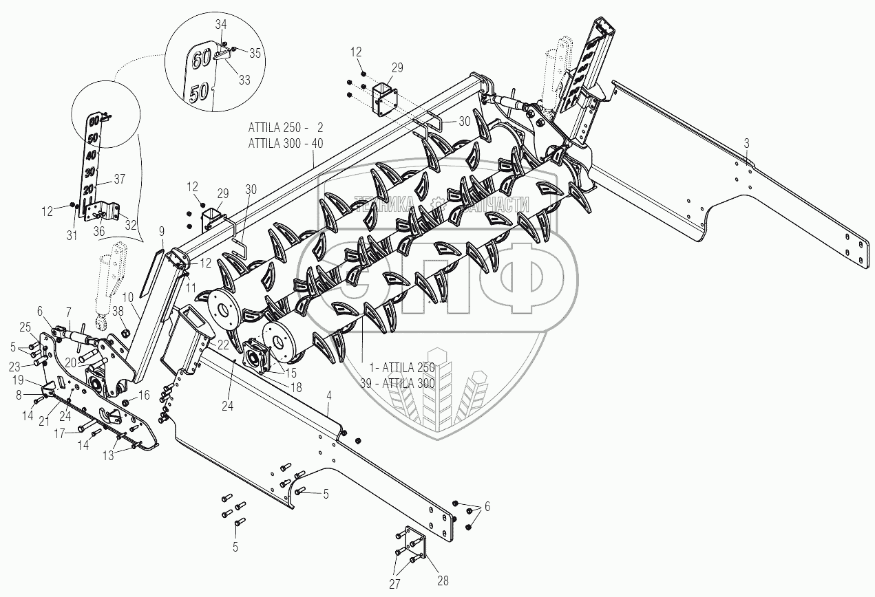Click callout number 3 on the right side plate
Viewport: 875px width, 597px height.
click(747, 143)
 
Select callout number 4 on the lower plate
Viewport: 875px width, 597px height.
click(329, 395)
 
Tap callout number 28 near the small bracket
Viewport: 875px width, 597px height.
click(443, 580)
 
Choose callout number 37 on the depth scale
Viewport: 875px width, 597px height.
click(119, 180)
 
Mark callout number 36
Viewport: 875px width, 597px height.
click(98, 232)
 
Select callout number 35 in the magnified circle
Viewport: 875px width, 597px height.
click(255, 52)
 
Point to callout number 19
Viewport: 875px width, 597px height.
click(19, 380)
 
